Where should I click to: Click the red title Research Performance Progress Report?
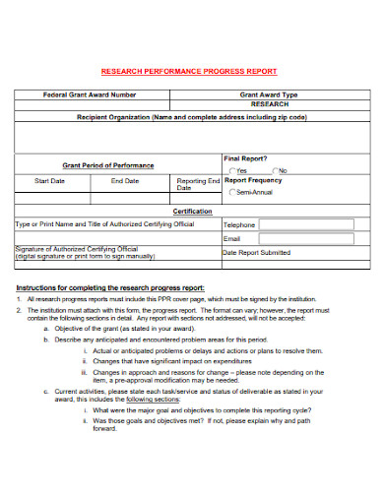(x=191, y=72)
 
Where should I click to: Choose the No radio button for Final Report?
(x=275, y=170)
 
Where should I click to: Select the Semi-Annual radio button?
(x=233, y=193)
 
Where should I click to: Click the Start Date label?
(x=49, y=182)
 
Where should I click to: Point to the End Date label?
(x=124, y=182)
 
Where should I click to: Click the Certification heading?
(x=192, y=212)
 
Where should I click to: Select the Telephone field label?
(x=239, y=224)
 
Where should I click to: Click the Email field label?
(x=232, y=238)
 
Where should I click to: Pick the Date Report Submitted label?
(x=257, y=253)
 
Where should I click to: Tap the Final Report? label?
(x=247, y=158)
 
